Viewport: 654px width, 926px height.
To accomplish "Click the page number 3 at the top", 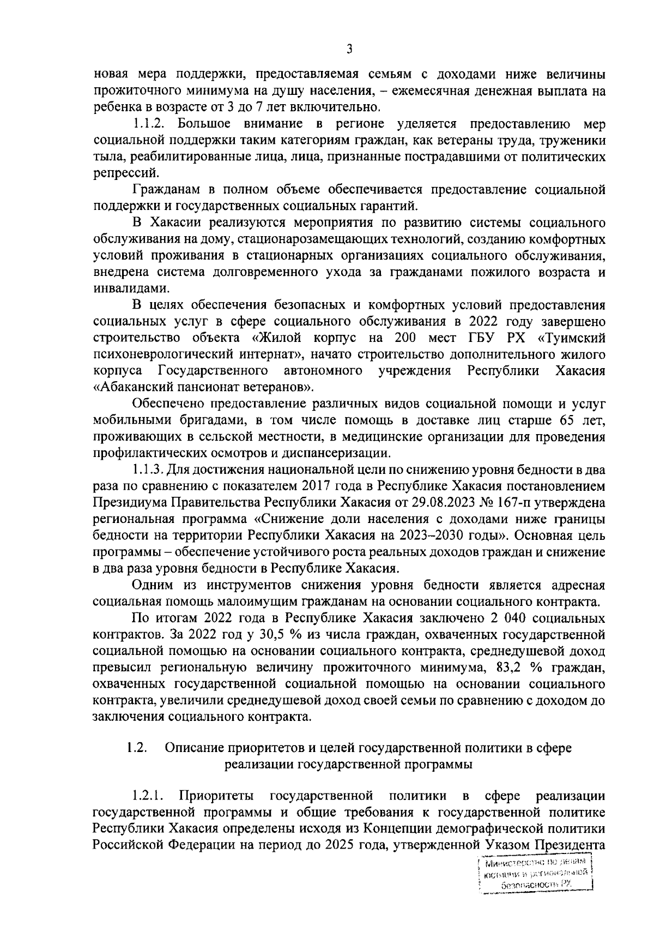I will (349, 50).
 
